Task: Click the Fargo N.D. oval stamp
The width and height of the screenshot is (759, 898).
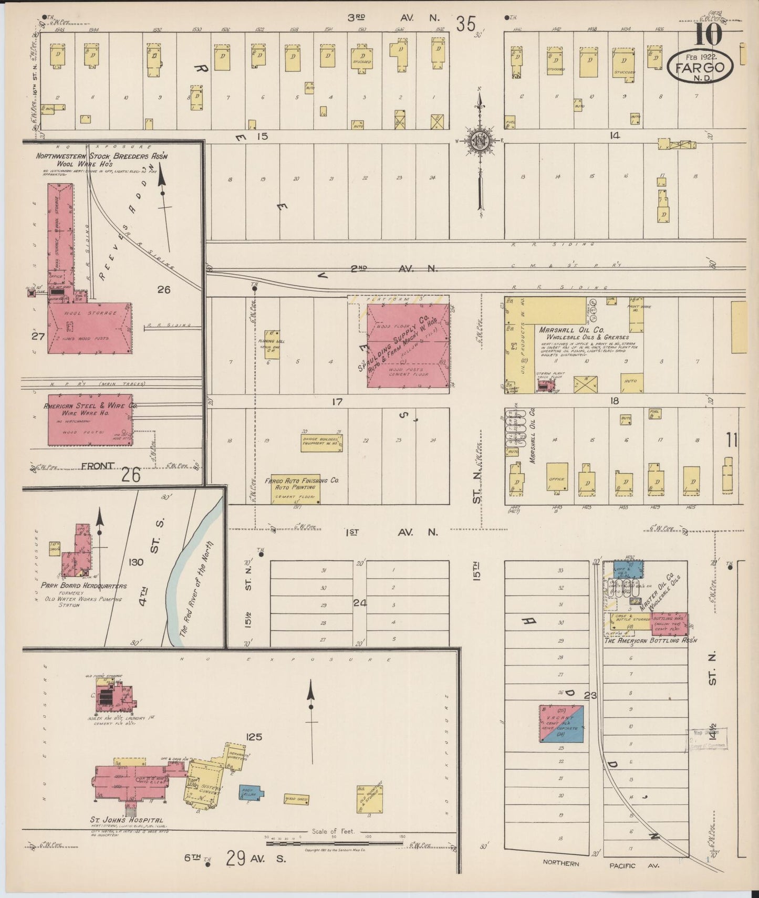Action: point(700,67)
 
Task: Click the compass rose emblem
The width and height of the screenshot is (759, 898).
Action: point(480,141)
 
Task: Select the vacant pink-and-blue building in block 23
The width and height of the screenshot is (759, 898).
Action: point(562,723)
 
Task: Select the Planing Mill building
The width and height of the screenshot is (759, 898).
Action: point(272,344)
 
